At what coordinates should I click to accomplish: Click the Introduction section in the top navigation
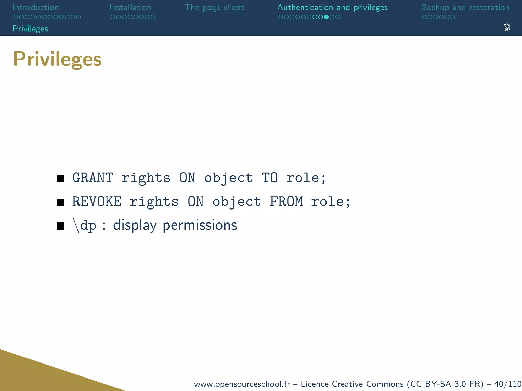[35, 7]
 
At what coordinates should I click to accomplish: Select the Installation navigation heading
[130, 7]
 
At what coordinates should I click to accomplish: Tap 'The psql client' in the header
[214, 7]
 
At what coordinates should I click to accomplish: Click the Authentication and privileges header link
[332, 7]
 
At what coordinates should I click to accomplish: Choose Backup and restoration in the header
[465, 7]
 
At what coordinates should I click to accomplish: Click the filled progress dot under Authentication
[326, 17]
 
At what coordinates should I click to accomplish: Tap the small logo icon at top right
[506, 27]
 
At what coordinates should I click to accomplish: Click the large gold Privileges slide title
[57, 59]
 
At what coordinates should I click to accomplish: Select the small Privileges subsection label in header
[30, 29]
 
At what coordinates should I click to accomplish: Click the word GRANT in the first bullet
[93, 178]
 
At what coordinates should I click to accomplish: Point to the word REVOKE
[97, 202]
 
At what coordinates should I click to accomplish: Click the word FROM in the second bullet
[286, 202]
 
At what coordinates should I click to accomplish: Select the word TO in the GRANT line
[270, 178]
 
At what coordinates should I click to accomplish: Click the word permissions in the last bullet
[200, 226]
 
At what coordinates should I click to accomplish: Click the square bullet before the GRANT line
[61, 178]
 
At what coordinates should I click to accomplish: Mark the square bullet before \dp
[61, 226]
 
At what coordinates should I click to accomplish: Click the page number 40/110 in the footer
[508, 384]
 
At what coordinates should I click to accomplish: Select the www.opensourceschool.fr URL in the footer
[242, 384]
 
